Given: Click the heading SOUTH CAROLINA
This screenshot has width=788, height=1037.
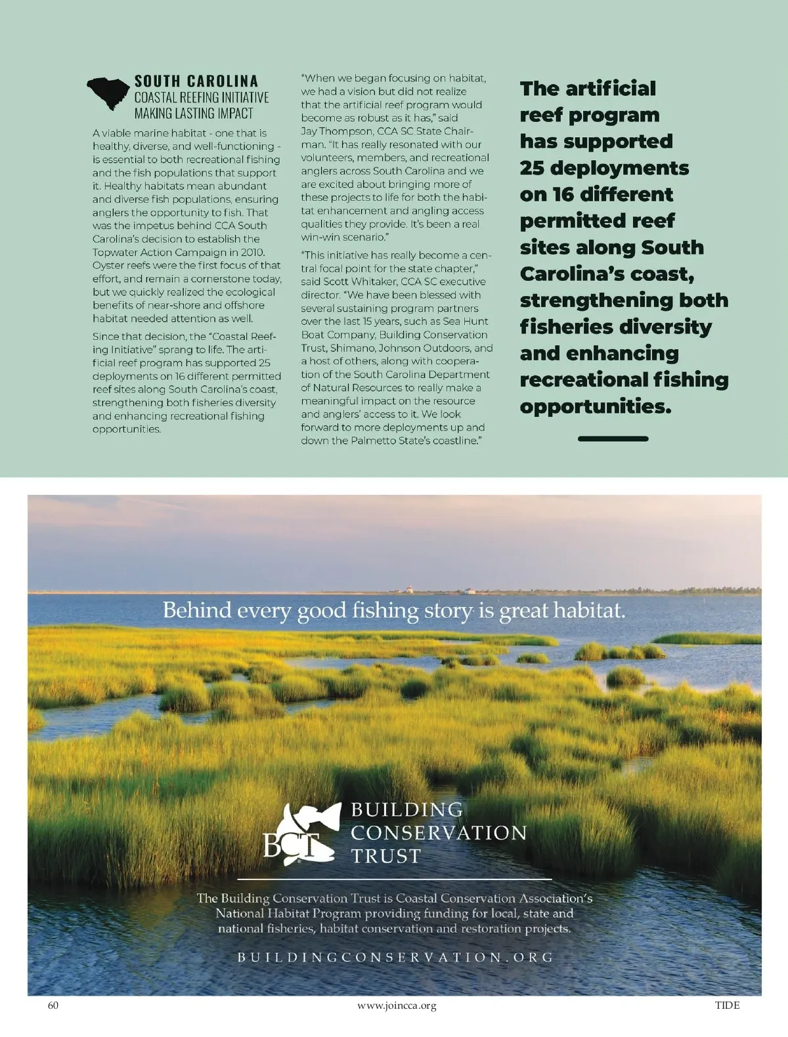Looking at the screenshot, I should pyautogui.click(x=196, y=81).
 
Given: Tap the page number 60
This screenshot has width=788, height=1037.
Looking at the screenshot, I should pyautogui.click(x=53, y=1005).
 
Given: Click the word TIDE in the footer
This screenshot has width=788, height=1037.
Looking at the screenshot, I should pyautogui.click(x=727, y=1005).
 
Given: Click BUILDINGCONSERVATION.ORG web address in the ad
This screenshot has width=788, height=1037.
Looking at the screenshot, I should pyautogui.click(x=396, y=958).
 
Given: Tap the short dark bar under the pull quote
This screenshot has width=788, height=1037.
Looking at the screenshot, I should pyautogui.click(x=613, y=438).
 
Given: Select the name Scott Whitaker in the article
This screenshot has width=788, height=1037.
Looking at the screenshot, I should pyautogui.click(x=351, y=282).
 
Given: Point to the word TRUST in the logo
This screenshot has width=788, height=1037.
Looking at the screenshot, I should pyautogui.click(x=385, y=856).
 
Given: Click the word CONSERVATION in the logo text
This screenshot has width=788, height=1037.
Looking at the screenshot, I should pyautogui.click(x=439, y=833).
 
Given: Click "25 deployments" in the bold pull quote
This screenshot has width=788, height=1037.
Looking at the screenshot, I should pyautogui.click(x=604, y=168).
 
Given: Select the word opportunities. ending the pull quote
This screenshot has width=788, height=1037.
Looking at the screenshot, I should pyautogui.click(x=596, y=406).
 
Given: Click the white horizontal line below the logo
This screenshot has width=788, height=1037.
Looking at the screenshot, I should pyautogui.click(x=394, y=878).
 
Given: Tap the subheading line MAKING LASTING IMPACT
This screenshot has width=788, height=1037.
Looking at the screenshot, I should pyautogui.click(x=194, y=113).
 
